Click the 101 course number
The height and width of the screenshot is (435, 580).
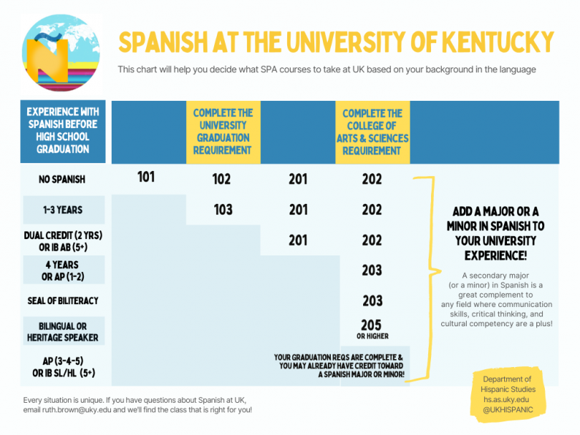(x=146, y=176)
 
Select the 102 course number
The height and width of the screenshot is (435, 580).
(x=222, y=180)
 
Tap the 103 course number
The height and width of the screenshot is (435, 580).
(x=222, y=210)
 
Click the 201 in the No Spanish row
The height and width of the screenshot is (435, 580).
(x=298, y=180)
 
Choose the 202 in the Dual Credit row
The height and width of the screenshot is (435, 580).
(x=372, y=240)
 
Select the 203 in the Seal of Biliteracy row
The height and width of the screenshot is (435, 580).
(x=372, y=300)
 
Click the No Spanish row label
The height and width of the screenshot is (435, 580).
(x=62, y=180)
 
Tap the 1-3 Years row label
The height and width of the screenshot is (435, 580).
(x=62, y=210)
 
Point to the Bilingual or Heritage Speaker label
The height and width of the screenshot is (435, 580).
(x=62, y=332)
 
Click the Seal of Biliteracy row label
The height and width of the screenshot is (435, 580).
(x=62, y=300)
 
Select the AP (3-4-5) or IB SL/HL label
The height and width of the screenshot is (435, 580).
(x=62, y=367)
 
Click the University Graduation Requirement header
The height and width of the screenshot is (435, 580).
(x=222, y=132)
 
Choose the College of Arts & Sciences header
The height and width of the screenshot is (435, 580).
(x=372, y=132)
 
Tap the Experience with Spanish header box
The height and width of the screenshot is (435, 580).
(x=62, y=131)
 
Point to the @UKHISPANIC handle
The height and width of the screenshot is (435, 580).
(x=507, y=409)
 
